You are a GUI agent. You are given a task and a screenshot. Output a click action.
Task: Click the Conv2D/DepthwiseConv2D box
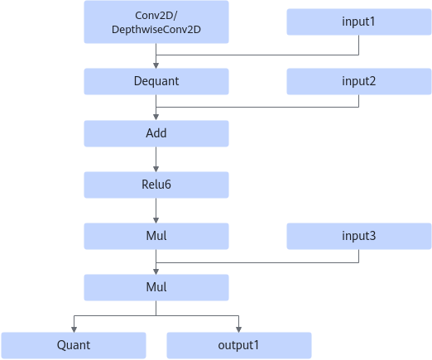click(156, 22)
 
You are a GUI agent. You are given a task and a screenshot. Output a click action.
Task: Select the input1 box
click(359, 22)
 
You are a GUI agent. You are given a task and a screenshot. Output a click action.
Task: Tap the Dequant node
click(156, 81)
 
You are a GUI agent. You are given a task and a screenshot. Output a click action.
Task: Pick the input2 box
click(359, 81)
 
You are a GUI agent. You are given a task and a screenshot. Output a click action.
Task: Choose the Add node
click(156, 133)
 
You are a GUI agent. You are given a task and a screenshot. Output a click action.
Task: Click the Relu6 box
click(156, 185)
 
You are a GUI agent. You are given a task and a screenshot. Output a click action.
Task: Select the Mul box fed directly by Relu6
click(156, 236)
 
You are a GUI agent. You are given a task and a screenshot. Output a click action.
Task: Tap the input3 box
click(359, 236)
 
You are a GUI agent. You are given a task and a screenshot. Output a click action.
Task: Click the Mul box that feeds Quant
click(156, 287)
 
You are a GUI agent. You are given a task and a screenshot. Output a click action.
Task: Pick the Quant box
click(74, 345)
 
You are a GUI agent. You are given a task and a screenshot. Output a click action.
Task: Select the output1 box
click(239, 345)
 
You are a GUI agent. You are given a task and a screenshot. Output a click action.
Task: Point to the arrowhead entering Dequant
click(156, 65)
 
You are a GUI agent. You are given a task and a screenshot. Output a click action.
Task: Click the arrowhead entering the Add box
click(156, 118)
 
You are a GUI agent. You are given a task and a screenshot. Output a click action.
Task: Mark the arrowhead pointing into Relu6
click(156, 169)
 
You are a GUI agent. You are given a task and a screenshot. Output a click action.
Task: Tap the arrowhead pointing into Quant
click(74, 329)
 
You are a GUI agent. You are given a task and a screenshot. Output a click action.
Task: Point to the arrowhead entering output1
click(239, 329)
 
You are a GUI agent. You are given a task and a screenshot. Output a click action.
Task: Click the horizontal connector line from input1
click(257, 55)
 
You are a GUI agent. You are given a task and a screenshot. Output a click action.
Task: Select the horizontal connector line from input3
click(257, 262)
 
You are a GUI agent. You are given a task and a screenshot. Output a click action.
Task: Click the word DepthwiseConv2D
click(156, 30)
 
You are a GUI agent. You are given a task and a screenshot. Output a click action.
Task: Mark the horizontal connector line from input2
click(257, 107)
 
